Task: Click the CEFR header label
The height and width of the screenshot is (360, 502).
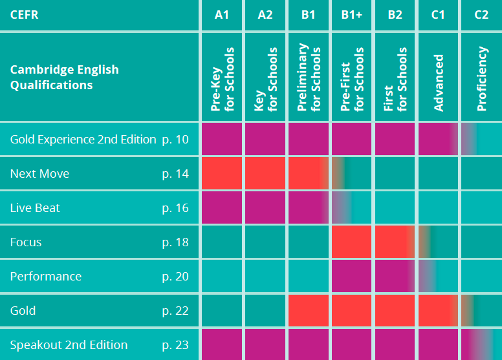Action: click(25, 15)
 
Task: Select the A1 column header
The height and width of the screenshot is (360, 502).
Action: click(222, 15)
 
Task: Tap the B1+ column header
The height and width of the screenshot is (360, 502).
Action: click(352, 15)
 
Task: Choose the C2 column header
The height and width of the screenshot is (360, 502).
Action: click(481, 15)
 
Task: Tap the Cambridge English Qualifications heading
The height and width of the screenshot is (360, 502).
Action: click(65, 77)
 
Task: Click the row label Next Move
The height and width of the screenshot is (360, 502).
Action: click(39, 173)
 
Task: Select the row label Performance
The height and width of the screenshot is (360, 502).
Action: click(46, 276)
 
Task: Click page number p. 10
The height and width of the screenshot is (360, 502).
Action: click(175, 139)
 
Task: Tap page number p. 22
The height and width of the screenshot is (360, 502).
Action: click(175, 310)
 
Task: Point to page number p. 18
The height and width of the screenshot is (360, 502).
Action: click(175, 242)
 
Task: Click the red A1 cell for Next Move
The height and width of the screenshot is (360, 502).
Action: click(222, 173)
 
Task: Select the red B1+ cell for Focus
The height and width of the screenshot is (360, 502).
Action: click(352, 242)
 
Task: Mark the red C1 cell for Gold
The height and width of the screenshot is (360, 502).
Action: click(438, 310)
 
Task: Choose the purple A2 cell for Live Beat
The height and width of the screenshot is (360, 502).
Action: click(265, 207)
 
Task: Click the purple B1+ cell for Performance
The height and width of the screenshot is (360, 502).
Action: click(352, 276)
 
